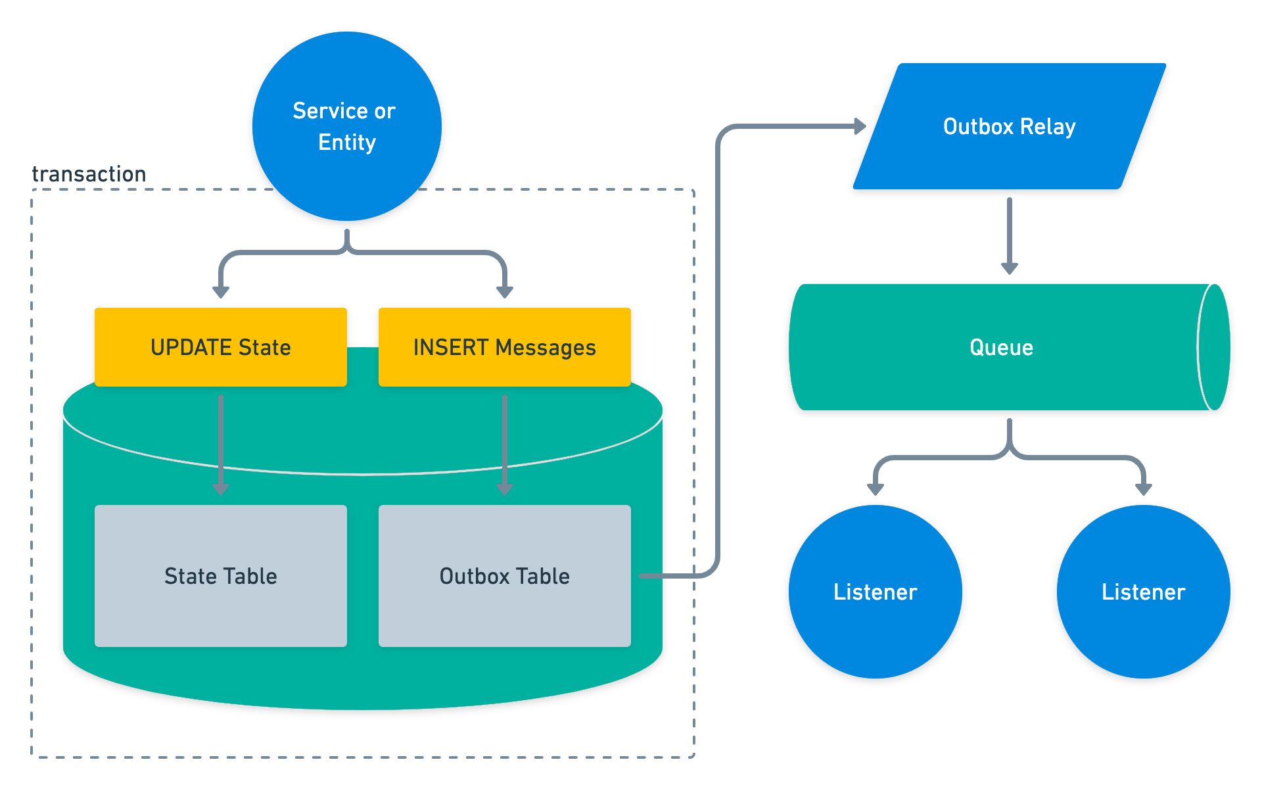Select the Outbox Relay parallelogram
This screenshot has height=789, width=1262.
coord(1010,126)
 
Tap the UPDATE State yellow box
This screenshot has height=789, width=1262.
coord(221,347)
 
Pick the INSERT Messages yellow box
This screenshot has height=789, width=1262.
coord(505,347)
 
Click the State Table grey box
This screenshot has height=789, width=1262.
coord(221,576)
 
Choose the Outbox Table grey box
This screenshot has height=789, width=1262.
coord(505,576)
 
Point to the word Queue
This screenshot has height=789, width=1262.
coord(1001,347)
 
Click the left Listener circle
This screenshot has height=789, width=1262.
coord(875,592)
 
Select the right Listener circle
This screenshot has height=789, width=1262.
coord(1143,592)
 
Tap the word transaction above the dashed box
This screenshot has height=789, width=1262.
coord(89,174)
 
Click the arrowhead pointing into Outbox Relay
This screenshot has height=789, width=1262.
coord(860,126)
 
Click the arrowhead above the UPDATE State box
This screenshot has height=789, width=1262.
coord(221,291)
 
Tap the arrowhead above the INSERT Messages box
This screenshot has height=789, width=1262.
coord(505,291)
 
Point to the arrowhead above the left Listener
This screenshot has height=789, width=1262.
coord(875,489)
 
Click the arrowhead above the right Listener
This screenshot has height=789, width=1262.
coord(1143,489)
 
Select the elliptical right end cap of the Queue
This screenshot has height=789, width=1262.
coord(1214,347)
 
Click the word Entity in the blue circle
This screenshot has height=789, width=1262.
coord(347,142)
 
